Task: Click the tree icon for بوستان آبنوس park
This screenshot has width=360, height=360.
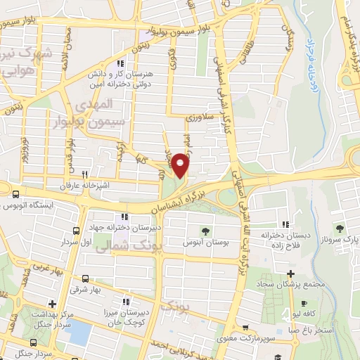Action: (205, 231)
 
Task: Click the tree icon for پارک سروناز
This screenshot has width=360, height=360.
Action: (340, 228)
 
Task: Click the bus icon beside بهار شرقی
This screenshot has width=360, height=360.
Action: (84, 278)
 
